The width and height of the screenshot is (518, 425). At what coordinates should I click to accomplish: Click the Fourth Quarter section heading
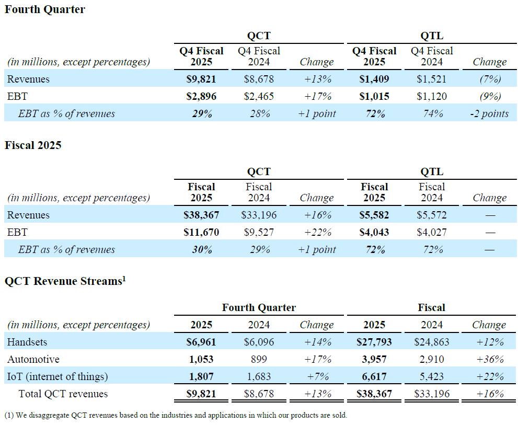[x=45, y=9]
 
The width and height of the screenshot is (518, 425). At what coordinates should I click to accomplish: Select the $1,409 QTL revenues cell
[x=374, y=79]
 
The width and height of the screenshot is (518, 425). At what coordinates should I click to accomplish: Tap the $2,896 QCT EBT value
[x=201, y=97]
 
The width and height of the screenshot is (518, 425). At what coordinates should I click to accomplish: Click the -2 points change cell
[x=489, y=114]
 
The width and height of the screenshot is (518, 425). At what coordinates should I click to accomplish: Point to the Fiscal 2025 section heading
[x=33, y=145]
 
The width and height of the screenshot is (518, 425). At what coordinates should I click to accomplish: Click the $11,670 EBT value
[x=201, y=233]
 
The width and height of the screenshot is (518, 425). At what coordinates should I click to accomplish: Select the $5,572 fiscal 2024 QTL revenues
[x=432, y=215]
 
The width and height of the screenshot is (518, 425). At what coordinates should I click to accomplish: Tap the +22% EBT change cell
[x=317, y=233]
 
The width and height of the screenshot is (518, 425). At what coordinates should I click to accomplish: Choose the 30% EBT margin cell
[x=201, y=250]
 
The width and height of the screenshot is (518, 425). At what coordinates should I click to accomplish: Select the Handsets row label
[x=27, y=342]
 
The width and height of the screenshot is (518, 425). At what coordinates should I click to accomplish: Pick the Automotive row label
[x=33, y=360]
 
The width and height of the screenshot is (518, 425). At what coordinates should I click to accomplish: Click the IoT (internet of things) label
[x=57, y=377]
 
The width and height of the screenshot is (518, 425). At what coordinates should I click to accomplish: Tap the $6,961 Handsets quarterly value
[x=201, y=342]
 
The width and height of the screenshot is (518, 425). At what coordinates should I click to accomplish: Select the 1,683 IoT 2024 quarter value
[x=259, y=377]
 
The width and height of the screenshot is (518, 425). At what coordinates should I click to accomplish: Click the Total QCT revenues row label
[x=63, y=394]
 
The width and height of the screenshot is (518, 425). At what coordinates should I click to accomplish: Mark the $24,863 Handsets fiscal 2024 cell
[x=432, y=342]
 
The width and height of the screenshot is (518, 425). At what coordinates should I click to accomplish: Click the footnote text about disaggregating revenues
[x=176, y=416]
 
